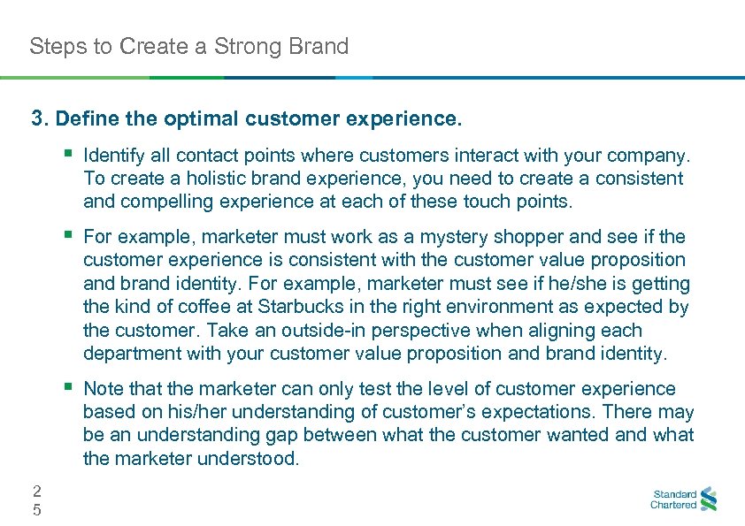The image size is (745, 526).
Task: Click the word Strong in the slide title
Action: pyautogui.click(x=252, y=46)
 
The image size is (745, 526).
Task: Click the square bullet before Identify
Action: pyautogui.click(x=69, y=156)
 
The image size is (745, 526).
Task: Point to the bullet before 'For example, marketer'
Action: pyautogui.click(x=69, y=236)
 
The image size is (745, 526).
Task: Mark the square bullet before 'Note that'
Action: pyautogui.click(x=69, y=388)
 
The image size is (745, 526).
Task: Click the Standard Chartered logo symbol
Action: pyautogui.click(x=708, y=499)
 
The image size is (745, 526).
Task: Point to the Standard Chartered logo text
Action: pyautogui.click(x=673, y=499)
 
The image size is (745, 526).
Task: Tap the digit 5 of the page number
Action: pyautogui.click(x=36, y=509)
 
